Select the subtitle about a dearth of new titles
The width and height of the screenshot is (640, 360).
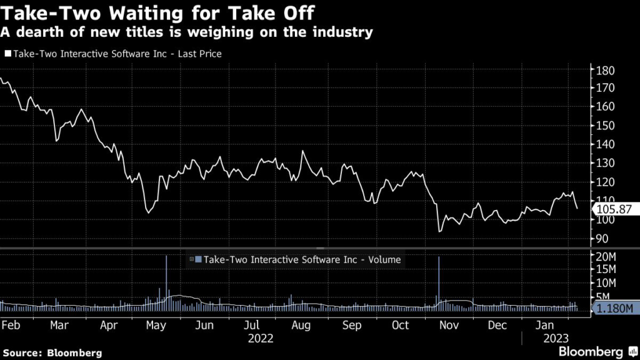tap(188, 31)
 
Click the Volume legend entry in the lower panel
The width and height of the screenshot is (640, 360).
tap(297, 259)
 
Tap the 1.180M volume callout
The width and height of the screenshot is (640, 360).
tap(616, 309)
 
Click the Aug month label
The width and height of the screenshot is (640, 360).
tap(302, 326)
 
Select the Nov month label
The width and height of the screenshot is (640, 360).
tap(449, 326)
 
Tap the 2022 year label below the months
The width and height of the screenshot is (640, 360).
tap(261, 339)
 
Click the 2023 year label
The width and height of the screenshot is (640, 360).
tap(554, 339)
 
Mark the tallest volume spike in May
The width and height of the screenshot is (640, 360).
tap(166, 275)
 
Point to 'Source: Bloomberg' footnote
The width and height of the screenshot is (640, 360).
tap(52, 352)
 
